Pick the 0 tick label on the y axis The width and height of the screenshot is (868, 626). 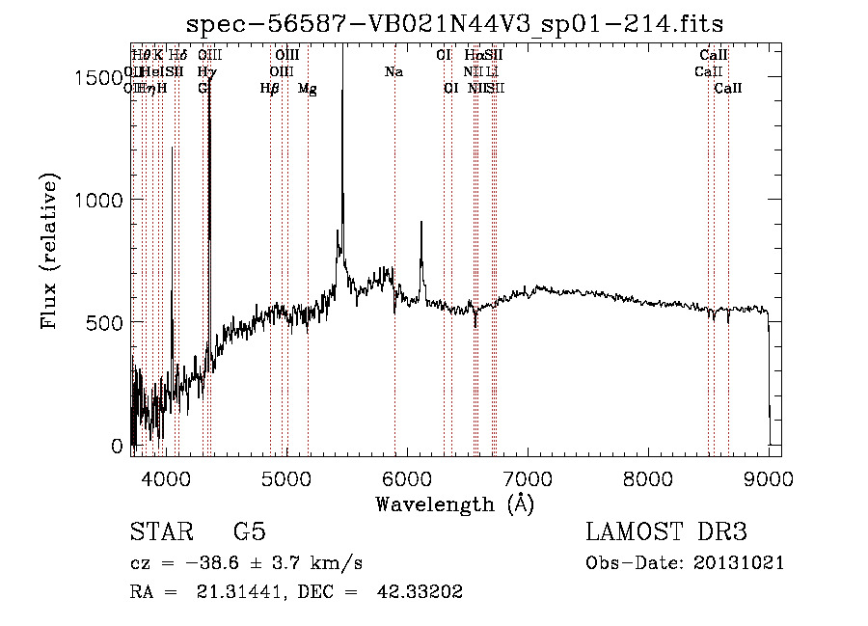[x=117, y=446]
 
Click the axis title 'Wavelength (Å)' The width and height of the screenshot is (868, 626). [x=454, y=504]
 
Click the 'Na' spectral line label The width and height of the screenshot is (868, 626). [x=393, y=72]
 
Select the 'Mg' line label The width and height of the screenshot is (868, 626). [x=307, y=89]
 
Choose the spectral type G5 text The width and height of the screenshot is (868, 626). [x=249, y=532]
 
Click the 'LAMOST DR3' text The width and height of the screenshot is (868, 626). [x=666, y=532]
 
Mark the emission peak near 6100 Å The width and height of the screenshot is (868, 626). [x=420, y=223]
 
